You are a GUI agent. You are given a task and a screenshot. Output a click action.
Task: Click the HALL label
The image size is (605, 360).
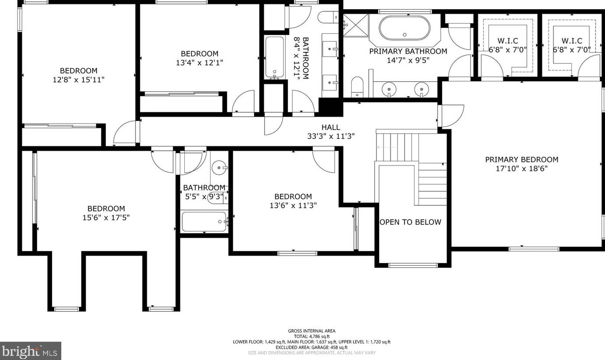(331, 127)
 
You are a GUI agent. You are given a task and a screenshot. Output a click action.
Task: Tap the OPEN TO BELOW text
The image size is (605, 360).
(410, 222)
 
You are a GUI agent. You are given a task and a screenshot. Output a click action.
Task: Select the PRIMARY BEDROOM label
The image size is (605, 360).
(522, 159)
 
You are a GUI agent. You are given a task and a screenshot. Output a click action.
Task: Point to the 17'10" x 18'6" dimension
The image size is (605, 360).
(522, 169)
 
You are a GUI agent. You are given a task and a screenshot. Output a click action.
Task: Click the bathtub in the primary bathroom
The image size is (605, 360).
(404, 28)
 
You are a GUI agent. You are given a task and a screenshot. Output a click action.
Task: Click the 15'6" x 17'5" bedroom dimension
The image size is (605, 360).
(106, 218)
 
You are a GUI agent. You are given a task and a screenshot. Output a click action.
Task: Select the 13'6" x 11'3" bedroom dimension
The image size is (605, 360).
(293, 205)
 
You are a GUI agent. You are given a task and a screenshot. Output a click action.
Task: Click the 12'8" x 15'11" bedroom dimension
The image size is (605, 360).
(78, 80)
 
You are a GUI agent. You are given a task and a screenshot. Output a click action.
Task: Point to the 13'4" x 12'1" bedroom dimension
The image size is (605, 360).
(199, 62)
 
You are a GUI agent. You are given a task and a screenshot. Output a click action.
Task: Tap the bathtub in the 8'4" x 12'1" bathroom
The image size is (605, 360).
(275, 57)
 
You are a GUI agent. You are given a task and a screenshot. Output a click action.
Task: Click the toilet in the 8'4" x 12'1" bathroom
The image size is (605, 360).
(328, 17)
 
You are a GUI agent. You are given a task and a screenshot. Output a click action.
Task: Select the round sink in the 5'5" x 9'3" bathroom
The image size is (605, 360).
(219, 168)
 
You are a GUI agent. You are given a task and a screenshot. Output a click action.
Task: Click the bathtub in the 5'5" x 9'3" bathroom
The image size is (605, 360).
(204, 222)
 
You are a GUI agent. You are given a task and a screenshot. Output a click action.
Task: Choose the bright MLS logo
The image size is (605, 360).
(30, 351)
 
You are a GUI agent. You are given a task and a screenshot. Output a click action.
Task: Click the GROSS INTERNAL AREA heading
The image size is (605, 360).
(311, 331)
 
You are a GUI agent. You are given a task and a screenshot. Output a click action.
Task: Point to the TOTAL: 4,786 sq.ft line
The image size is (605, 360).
(311, 336)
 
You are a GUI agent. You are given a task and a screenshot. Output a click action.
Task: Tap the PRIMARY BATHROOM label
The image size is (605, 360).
(408, 51)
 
